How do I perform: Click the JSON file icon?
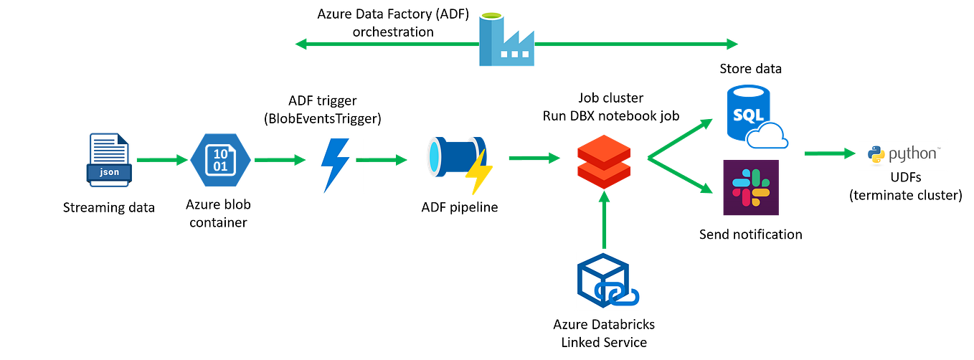(108, 159)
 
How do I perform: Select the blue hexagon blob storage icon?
(221, 160)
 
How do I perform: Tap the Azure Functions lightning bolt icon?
(335, 166)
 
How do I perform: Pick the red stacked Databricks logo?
(605, 160)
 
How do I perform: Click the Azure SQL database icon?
(752, 117)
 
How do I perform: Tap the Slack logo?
(750, 188)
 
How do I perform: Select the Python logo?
(902, 155)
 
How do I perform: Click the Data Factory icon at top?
(506, 39)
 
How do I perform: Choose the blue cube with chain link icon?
(608, 280)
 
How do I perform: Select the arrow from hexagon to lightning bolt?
(280, 160)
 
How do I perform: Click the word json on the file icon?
(108, 173)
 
